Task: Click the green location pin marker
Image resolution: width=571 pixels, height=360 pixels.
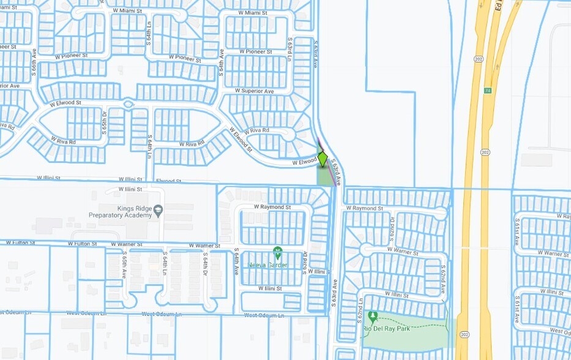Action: [323, 159]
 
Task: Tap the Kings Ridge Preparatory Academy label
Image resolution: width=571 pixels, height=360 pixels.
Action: [121, 212]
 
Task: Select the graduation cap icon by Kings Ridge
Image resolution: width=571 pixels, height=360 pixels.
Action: [159, 209]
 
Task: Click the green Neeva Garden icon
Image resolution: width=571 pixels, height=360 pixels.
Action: [277, 251]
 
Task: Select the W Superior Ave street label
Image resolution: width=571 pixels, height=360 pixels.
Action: [255, 91]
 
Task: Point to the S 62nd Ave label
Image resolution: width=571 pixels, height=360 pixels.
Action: [442, 279]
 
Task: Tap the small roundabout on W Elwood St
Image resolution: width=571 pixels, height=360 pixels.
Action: [128, 104]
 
